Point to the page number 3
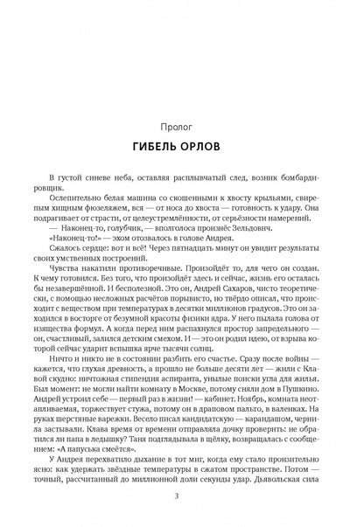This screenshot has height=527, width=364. pos(182,498)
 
